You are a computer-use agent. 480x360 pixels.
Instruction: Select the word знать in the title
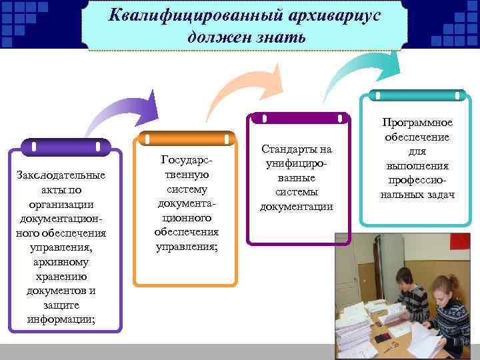point(278,37)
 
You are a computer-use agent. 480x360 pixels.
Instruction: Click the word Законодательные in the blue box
point(63,176)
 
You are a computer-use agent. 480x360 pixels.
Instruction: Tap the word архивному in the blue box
point(63,262)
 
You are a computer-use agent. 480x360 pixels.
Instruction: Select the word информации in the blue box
point(62,319)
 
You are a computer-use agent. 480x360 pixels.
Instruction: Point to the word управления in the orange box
point(186,245)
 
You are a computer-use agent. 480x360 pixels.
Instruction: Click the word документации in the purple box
point(296,207)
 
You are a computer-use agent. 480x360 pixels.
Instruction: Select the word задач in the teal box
point(439,194)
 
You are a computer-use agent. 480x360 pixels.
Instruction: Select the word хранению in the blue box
point(63,276)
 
